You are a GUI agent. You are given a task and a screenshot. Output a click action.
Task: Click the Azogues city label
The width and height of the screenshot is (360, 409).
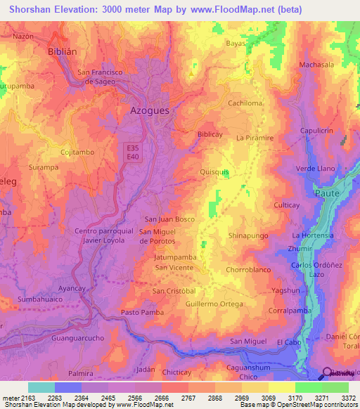click(x=152, y=110)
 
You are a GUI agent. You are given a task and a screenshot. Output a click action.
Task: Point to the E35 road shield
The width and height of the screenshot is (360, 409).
click(x=134, y=148)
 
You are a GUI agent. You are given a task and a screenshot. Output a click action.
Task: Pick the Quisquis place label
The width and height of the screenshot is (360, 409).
click(x=214, y=171)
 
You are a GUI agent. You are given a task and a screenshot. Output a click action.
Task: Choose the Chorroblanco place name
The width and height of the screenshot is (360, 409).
click(x=250, y=269)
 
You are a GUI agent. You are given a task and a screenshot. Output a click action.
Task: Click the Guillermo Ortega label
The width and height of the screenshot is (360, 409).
click(x=214, y=304)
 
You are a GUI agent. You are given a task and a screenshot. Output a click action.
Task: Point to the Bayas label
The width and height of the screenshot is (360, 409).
click(x=236, y=43)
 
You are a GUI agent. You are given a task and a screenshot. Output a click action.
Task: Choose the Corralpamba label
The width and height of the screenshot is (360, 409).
click(x=289, y=309)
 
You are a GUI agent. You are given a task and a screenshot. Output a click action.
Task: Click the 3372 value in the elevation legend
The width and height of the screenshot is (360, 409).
click(x=349, y=398)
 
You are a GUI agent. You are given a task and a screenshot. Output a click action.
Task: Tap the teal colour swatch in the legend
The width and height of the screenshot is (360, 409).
click(x=41, y=387)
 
